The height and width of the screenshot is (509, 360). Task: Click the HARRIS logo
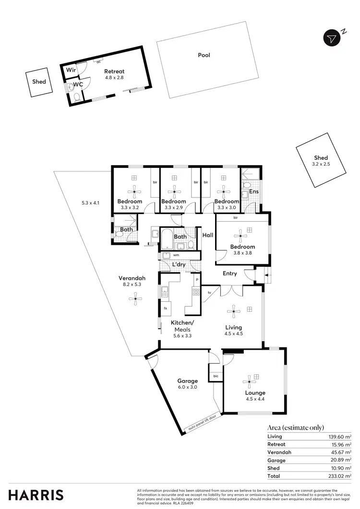click(36, 495)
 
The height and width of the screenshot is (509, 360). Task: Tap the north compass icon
click(332, 38)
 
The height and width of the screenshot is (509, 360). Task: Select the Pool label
click(204, 55)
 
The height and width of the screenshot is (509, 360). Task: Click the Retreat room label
click(114, 71)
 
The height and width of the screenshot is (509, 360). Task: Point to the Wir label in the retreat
click(71, 70)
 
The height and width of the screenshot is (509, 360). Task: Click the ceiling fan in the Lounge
click(249, 382)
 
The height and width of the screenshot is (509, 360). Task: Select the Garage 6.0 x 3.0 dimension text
click(187, 387)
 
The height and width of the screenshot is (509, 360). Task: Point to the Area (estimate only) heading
click(295, 427)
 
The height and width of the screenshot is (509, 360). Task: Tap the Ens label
click(254, 191)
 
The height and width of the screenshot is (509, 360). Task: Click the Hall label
click(208, 235)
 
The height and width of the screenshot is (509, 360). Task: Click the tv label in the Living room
click(210, 292)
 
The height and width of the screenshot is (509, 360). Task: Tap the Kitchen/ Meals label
click(182, 326)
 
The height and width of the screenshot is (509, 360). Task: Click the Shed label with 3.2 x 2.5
click(321, 158)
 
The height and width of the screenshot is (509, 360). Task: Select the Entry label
click(230, 273)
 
